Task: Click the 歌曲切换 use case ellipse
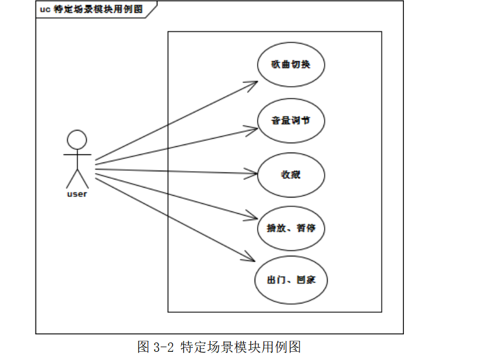[x=290, y=65]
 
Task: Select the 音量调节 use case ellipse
[x=290, y=121]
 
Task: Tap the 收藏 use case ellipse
[x=290, y=175]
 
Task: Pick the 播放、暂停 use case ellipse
[x=290, y=228]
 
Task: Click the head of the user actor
[x=77, y=139]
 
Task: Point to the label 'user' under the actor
[x=77, y=194]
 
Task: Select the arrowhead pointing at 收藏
[x=253, y=173]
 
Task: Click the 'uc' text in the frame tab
[x=45, y=9]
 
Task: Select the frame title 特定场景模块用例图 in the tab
[x=98, y=9]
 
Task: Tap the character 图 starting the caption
[x=143, y=348]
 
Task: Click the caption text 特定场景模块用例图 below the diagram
[x=241, y=348]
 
